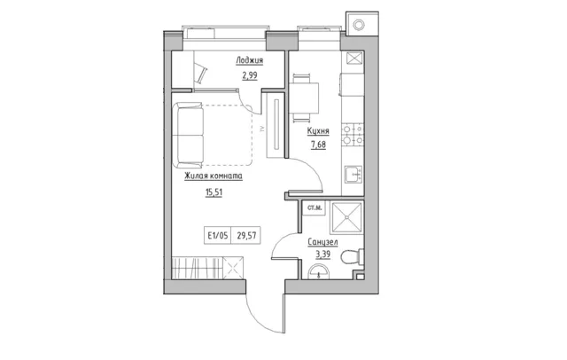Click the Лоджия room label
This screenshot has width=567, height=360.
pyautogui.click(x=249, y=60)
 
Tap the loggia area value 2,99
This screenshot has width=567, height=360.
pyautogui.click(x=250, y=75)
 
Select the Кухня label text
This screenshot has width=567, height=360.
pyautogui.click(x=318, y=131)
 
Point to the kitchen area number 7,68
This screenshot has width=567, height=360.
pyautogui.click(x=318, y=145)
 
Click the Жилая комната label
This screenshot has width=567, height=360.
pyautogui.click(x=214, y=176)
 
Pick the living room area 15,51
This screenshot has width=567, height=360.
pyautogui.click(x=214, y=192)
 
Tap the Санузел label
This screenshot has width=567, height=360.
pyautogui.click(x=322, y=242)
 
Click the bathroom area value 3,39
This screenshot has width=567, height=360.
pyautogui.click(x=322, y=254)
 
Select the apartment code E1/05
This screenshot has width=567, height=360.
pyautogui.click(x=218, y=236)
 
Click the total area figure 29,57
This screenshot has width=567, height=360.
pyautogui.click(x=246, y=236)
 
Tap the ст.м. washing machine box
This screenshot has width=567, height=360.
pyautogui.click(x=314, y=208)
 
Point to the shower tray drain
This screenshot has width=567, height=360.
pyautogui.click(x=346, y=217)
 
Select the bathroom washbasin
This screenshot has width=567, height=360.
pyautogui.click(x=318, y=271)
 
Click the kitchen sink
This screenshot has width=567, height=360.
pyautogui.click(x=353, y=175)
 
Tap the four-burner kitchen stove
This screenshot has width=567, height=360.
pyautogui.click(x=353, y=135)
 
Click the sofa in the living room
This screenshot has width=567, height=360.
pyautogui.click(x=188, y=136)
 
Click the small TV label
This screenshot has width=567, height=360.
pyautogui.click(x=260, y=129)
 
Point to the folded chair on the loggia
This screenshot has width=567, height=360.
pyautogui.click(x=201, y=72)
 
